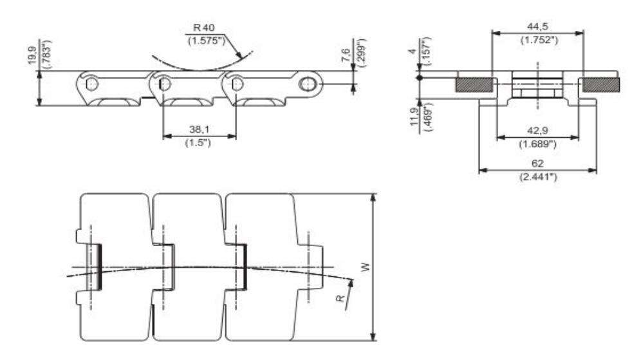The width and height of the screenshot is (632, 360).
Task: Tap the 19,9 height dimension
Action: pos(31,52)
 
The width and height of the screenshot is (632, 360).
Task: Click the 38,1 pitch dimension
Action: pos(199,129)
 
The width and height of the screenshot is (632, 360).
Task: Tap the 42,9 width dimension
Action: pos(537,130)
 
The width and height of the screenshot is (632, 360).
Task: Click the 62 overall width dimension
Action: pos(537,164)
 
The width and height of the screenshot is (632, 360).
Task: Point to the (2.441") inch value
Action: pos(537,176)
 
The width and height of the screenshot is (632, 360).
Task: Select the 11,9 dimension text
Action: pos(415,120)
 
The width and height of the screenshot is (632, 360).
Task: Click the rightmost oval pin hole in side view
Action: pos(310,84)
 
